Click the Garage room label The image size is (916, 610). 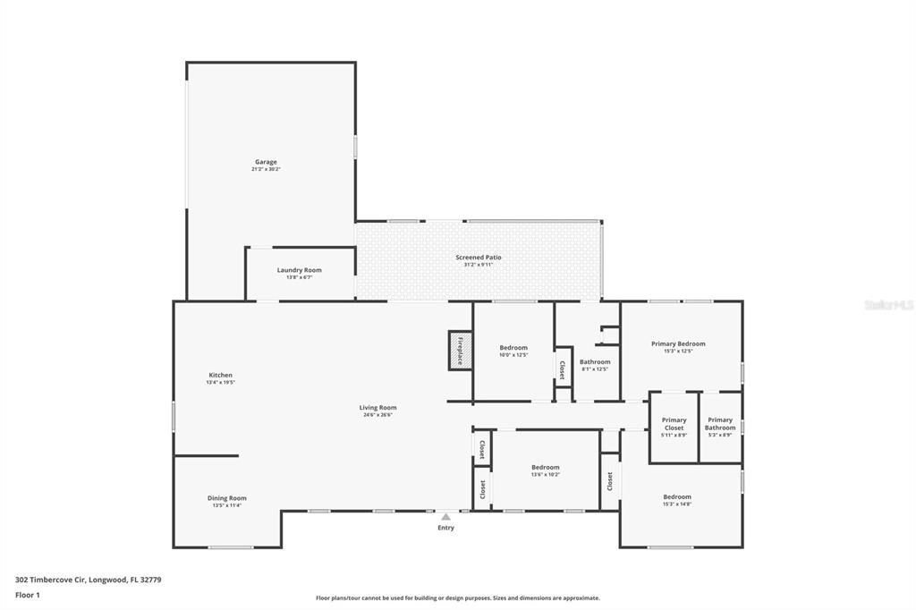(266, 162)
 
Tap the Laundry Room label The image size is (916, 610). (299, 270)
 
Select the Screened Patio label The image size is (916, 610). (479, 258)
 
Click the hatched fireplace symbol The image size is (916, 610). (460, 350)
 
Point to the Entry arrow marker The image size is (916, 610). (445, 516)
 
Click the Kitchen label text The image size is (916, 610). (220, 375)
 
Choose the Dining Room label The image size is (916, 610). (226, 498)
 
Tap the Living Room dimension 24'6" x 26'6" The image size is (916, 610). (377, 415)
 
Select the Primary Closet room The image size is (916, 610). (674, 424)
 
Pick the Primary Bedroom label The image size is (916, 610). (678, 343)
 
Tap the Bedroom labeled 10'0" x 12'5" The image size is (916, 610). (513, 348)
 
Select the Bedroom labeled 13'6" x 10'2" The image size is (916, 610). (545, 467)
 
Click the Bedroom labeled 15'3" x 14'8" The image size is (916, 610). (677, 497)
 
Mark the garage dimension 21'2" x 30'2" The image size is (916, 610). (266, 169)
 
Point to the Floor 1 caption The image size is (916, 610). (28, 595)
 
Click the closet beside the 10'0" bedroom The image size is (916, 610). (563, 369)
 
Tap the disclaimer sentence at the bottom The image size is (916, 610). (457, 598)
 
